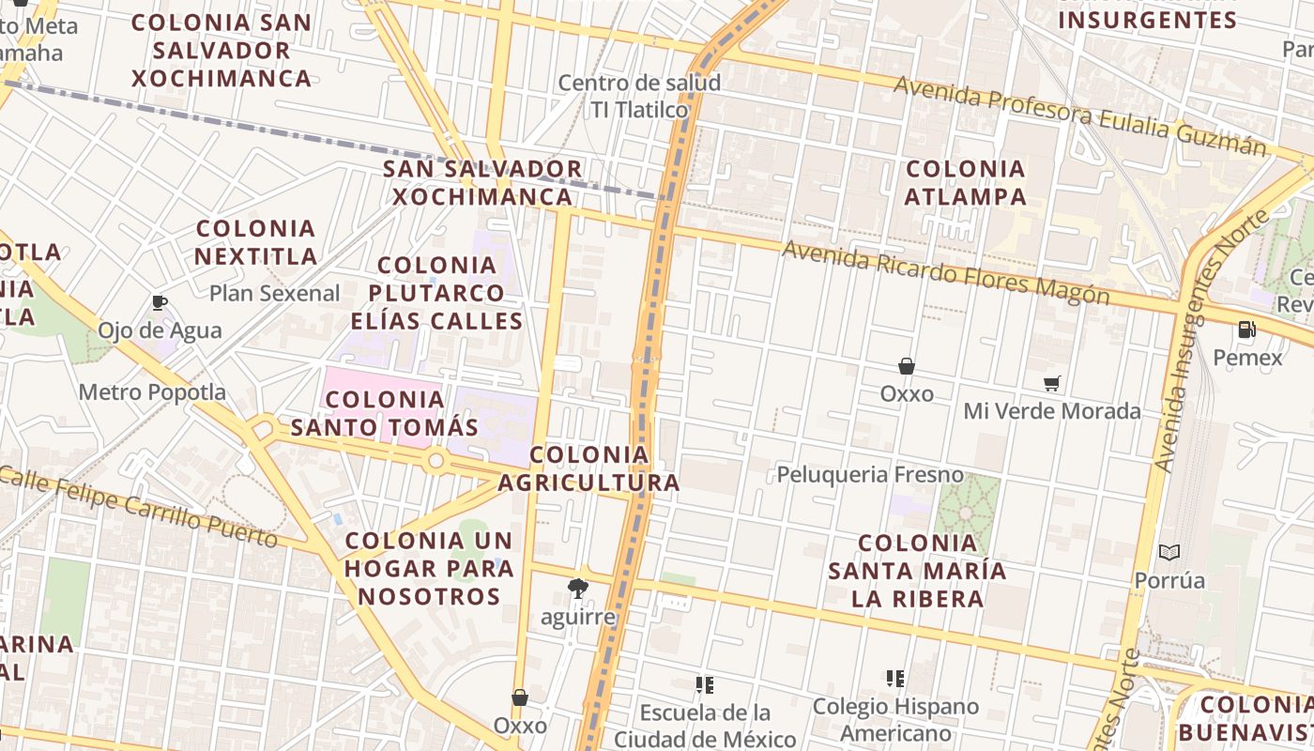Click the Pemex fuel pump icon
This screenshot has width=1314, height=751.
pyautogui.click(x=1246, y=330)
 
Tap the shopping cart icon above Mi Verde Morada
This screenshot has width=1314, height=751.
pyautogui.click(x=1051, y=383)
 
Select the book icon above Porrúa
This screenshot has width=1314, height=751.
pyautogui.click(x=1169, y=552)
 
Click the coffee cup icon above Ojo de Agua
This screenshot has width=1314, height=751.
pyautogui.click(x=160, y=302)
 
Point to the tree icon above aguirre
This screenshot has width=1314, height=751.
pyautogui.click(x=578, y=589)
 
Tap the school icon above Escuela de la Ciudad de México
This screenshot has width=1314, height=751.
pyautogui.click(x=705, y=684)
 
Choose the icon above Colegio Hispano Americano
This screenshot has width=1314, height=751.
pyautogui.click(x=894, y=678)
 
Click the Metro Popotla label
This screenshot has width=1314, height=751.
pyautogui.click(x=152, y=391)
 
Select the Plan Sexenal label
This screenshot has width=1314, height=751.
pyautogui.click(x=274, y=293)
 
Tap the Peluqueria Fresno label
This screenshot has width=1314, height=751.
pyautogui.click(x=869, y=474)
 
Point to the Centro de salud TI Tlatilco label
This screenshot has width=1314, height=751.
pyautogui.click(x=639, y=96)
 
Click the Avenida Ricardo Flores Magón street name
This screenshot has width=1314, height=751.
pyautogui.click(x=945, y=272)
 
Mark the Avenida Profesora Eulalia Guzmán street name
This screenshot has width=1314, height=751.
pyautogui.click(x=1079, y=115)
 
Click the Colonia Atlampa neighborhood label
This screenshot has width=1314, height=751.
pyautogui.click(x=965, y=183)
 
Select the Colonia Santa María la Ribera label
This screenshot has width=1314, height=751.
pyautogui.click(x=917, y=571)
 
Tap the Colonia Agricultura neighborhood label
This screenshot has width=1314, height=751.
pyautogui.click(x=588, y=468)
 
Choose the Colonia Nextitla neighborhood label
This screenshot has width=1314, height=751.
pyautogui.click(x=255, y=242)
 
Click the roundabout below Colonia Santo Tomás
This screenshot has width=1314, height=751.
pyautogui.click(x=435, y=461)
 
